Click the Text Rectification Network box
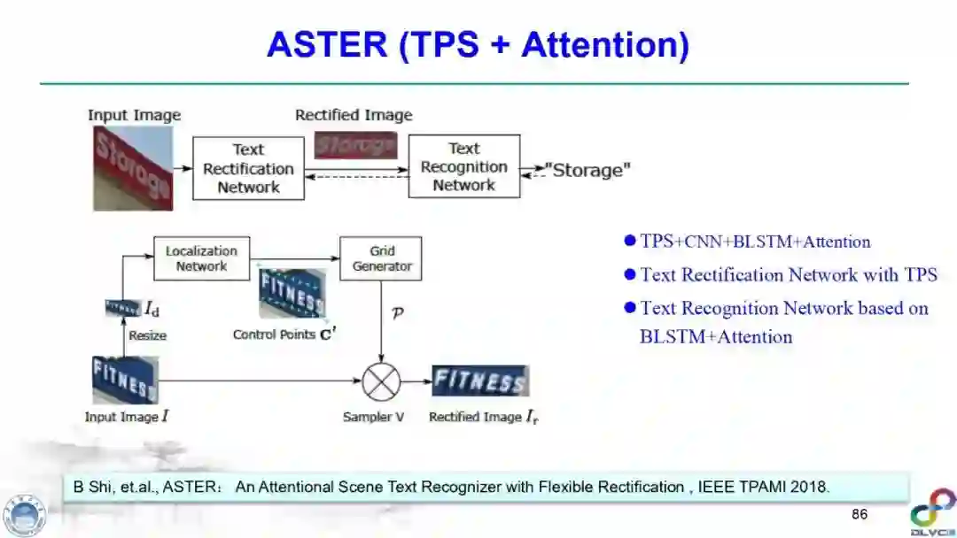click(x=248, y=168)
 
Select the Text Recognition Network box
click(x=463, y=166)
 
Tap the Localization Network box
click(x=201, y=258)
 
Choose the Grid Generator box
click(x=381, y=258)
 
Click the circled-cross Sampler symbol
click(x=381, y=382)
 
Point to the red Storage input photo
click(x=133, y=168)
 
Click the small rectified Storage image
click(x=355, y=145)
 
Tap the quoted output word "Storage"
click(x=587, y=170)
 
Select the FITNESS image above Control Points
click(x=292, y=294)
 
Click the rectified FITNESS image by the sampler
click(x=479, y=381)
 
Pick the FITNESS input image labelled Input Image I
click(x=125, y=380)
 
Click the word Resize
click(x=147, y=335)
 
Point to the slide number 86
click(x=859, y=514)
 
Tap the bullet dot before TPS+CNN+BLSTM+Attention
click(x=630, y=241)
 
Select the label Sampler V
click(x=373, y=417)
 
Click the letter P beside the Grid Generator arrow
click(x=397, y=312)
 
